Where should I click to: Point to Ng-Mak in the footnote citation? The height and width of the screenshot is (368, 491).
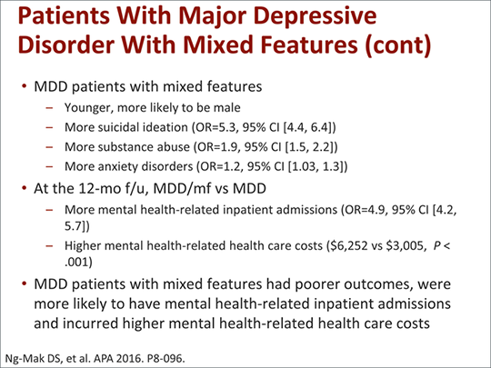(x=25, y=355)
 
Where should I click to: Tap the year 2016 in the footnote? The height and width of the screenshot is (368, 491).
(x=132, y=355)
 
